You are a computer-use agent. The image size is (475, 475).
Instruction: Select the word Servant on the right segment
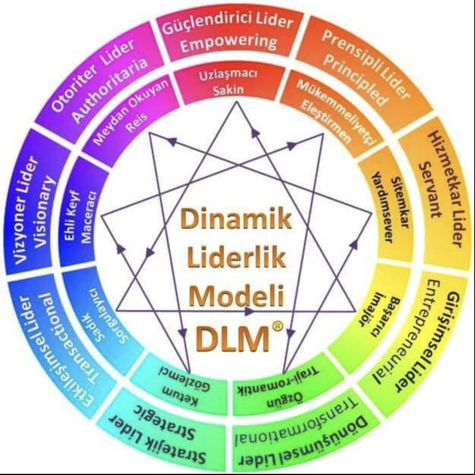pyautogui.click(x=432, y=189)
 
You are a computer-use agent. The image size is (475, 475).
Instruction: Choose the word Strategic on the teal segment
pyautogui.click(x=164, y=421)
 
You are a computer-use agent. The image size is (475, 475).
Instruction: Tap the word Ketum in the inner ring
pyautogui.click(x=179, y=396)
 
